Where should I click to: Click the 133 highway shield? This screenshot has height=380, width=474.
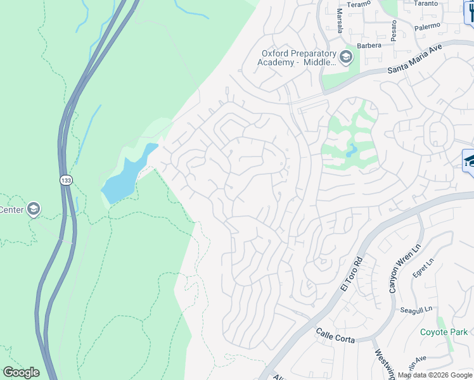coord(66,180)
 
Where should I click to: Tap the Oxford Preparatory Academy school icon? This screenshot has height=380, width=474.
coord(345,58)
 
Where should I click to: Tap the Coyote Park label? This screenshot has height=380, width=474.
coord(444,332)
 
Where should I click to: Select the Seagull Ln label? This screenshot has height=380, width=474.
coord(416,310)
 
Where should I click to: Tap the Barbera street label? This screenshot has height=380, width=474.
coord(369,46)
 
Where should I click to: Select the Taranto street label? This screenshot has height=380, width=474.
coord(425,3)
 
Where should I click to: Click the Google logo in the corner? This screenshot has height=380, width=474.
coord(21,372)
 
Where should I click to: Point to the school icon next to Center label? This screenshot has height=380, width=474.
coord(33,209)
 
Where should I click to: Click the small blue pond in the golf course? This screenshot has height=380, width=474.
coord(352,151)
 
